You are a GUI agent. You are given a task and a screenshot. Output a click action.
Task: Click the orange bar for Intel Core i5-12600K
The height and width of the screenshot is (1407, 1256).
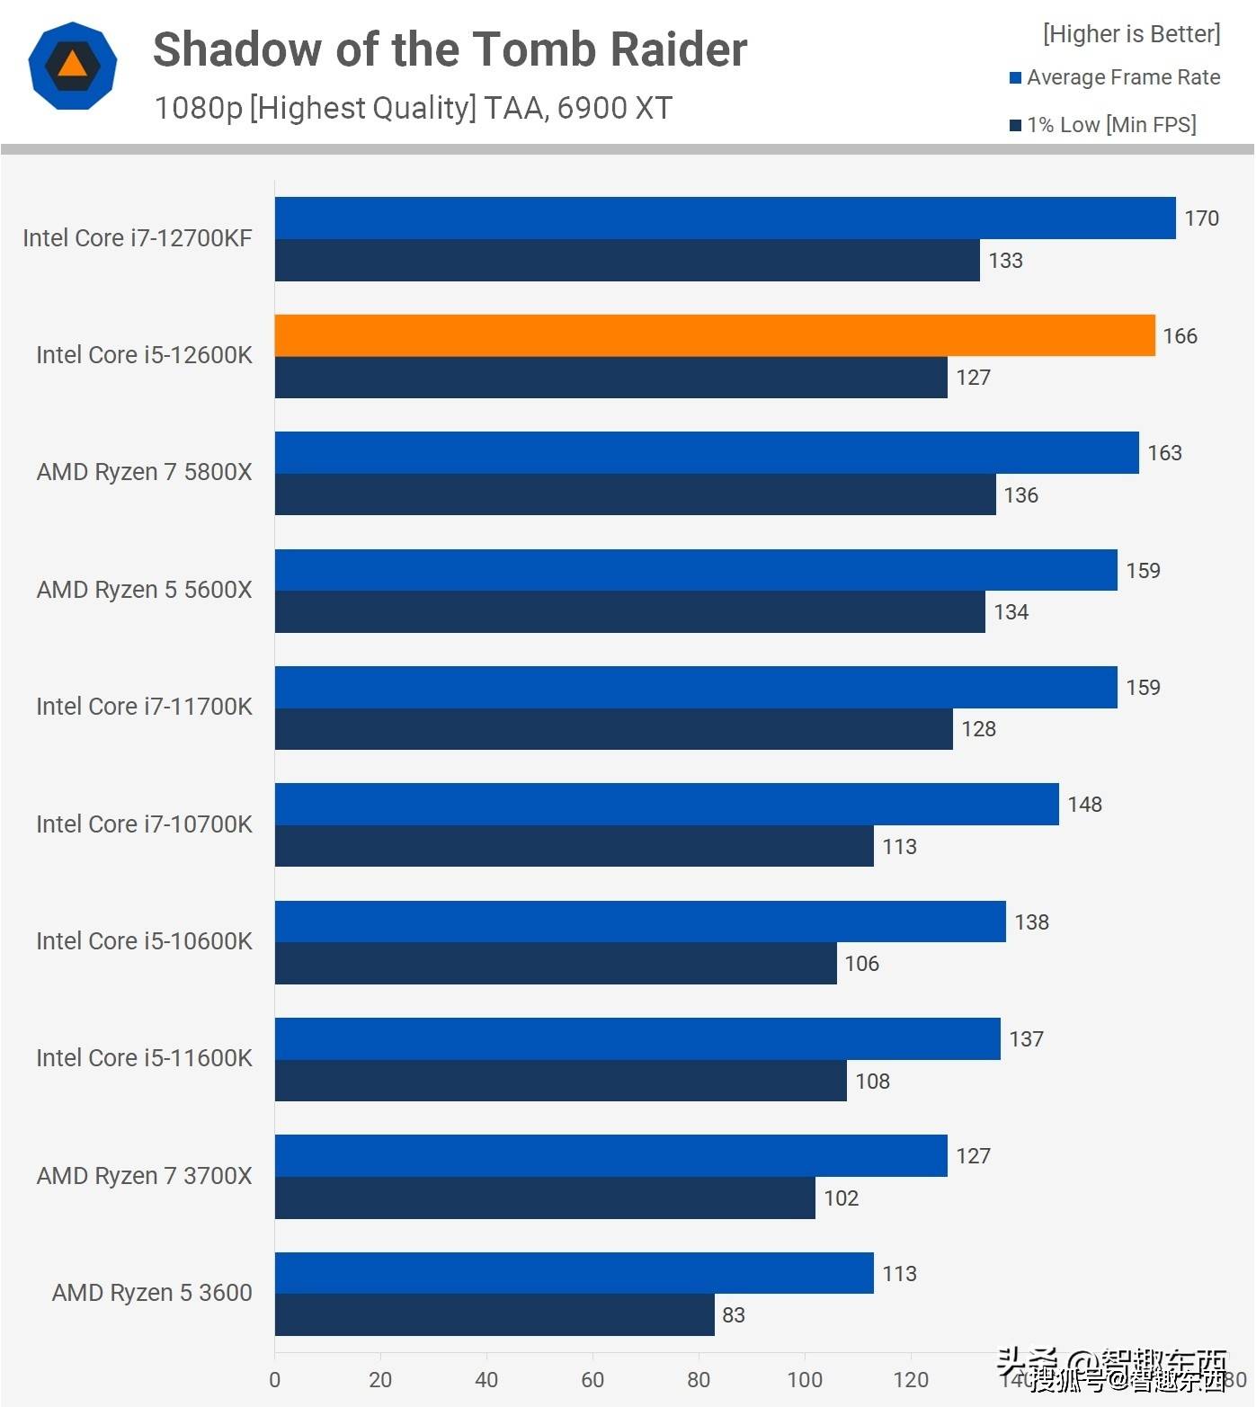[715, 335]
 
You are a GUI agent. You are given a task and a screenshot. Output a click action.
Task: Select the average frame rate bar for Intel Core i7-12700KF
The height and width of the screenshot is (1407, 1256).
[725, 218]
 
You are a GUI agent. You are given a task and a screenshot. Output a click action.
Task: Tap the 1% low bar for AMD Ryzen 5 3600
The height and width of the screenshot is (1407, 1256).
[494, 1314]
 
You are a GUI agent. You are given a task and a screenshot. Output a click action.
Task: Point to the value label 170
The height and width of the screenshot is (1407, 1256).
[1201, 218]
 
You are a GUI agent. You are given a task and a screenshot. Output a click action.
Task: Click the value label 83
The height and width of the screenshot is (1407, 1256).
[734, 1315]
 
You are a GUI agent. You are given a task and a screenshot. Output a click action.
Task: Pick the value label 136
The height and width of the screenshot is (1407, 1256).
[1020, 495]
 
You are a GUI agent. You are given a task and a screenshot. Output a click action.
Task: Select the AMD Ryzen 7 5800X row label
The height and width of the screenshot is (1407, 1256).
[144, 472]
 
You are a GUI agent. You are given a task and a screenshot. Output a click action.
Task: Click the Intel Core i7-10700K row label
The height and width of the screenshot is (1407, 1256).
[144, 824]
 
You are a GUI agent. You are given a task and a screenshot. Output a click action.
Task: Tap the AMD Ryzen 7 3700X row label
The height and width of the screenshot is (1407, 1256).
[144, 1176]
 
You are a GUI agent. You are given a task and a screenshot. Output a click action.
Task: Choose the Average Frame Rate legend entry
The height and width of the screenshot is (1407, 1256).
[1123, 78]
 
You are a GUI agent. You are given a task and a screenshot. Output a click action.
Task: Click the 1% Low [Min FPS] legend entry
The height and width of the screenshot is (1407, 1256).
[1111, 125]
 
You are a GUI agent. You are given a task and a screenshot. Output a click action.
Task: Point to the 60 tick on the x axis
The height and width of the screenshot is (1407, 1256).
[592, 1380]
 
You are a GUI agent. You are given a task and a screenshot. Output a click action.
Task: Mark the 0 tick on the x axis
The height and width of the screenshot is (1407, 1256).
[274, 1380]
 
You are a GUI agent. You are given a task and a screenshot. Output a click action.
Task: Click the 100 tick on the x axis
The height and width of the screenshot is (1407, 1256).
[805, 1380]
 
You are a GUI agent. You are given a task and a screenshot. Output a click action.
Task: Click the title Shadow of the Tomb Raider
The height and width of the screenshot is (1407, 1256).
[450, 49]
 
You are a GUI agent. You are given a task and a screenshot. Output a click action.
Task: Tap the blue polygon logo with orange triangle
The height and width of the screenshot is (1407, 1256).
[73, 67]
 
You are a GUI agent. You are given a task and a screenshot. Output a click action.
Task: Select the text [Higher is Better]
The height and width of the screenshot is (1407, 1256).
[1131, 34]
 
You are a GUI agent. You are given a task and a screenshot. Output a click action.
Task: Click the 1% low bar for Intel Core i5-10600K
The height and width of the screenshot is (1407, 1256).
[556, 963]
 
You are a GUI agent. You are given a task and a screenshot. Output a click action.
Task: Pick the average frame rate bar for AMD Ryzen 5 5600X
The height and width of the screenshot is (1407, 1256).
[696, 570]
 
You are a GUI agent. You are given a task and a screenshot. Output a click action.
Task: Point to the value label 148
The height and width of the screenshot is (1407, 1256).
[1084, 805]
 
